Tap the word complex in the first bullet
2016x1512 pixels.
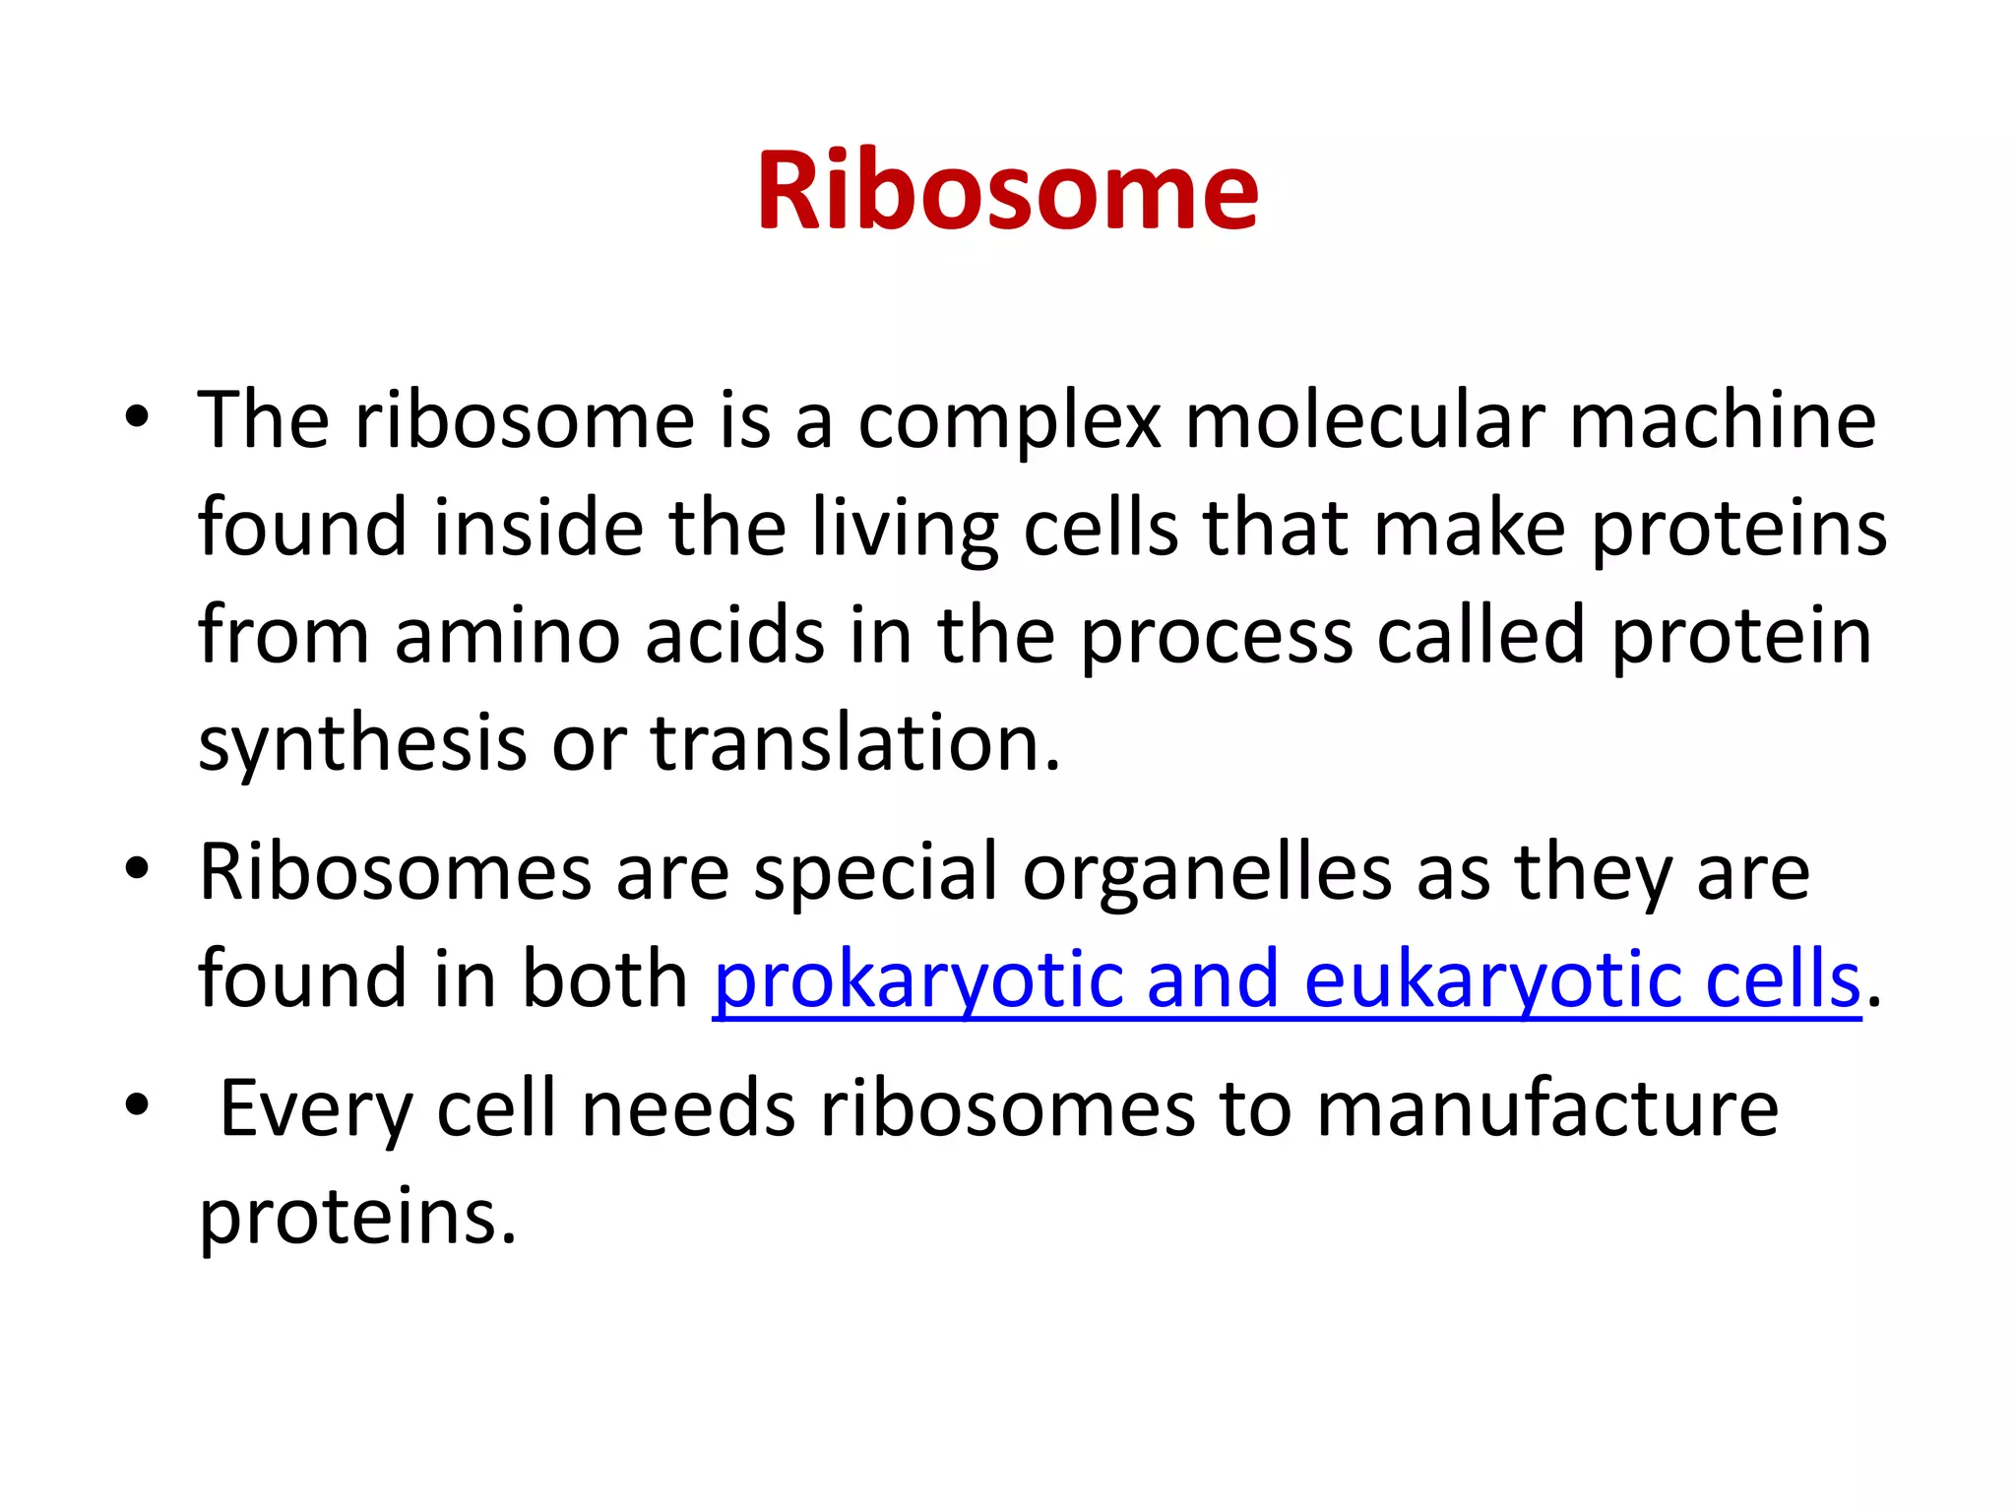tap(1009, 421)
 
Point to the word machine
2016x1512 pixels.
tap(1723, 421)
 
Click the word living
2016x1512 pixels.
tap(905, 529)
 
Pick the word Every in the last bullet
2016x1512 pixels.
tap(315, 1109)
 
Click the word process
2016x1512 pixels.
tap(1216, 637)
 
